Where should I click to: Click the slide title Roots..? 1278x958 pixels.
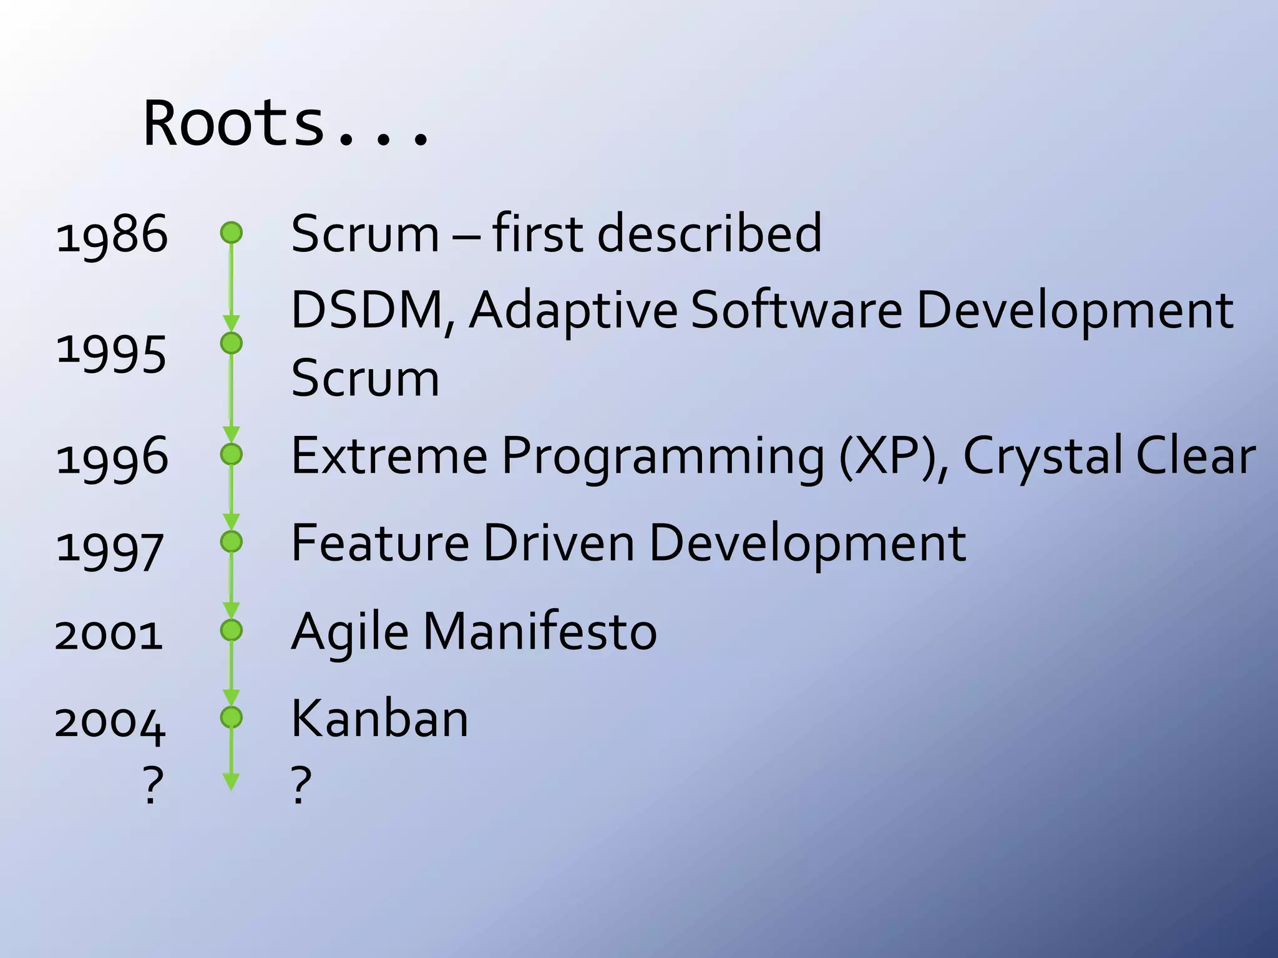pos(287,123)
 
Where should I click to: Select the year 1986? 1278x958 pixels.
pos(112,235)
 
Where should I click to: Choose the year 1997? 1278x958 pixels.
pos(110,549)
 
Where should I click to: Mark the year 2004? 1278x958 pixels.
pos(110,723)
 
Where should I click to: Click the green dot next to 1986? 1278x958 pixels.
pos(231,233)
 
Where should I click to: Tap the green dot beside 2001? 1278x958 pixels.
pos(231,630)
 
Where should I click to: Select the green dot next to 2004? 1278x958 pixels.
pos(231,717)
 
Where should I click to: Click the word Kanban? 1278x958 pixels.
pos(379,718)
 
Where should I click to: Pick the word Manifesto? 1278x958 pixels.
pos(540,631)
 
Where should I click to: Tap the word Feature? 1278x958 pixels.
pos(380,543)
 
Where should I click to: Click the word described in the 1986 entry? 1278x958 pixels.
pos(710,233)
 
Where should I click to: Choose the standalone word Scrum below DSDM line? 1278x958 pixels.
pos(365,378)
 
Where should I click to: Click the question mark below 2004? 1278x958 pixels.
pos(153,785)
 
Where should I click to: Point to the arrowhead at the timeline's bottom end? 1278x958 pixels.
pos(231,781)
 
